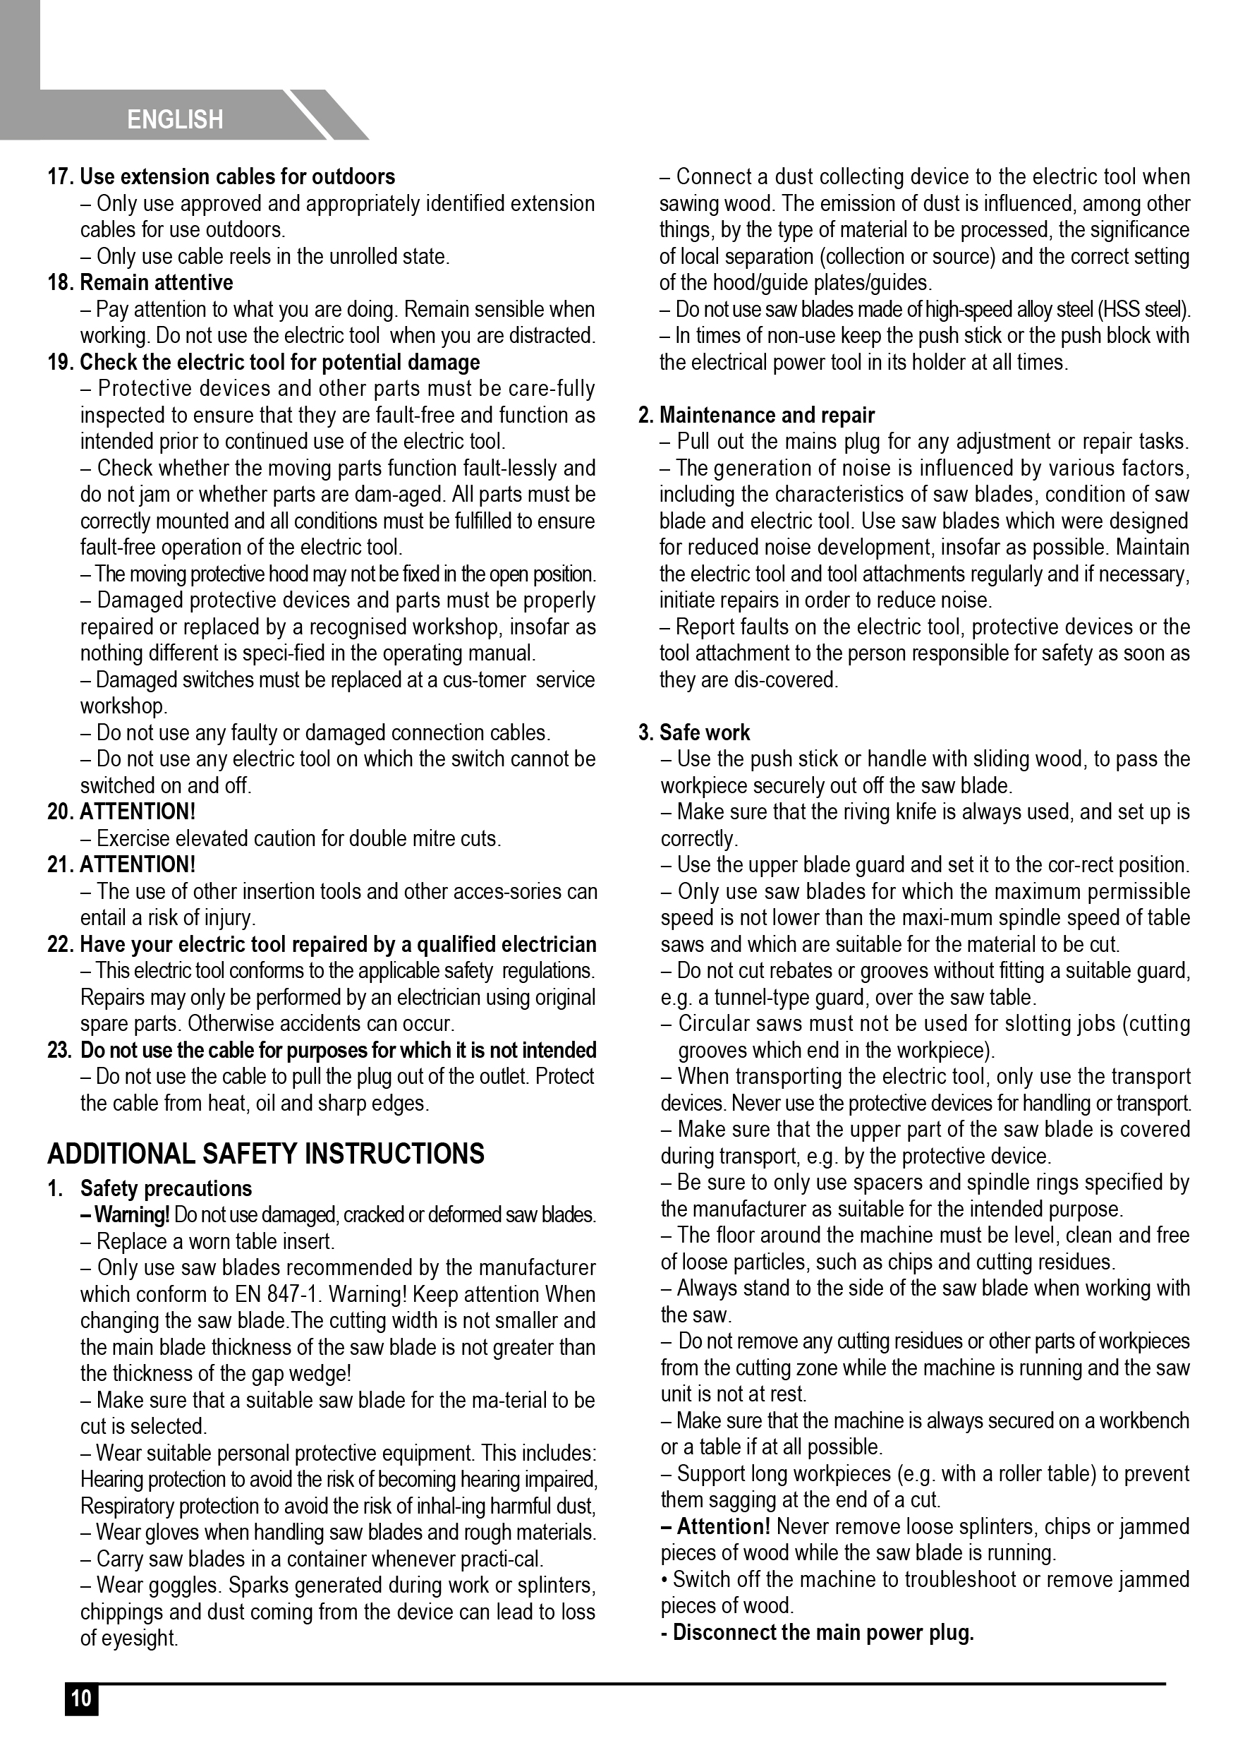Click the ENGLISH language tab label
pos(175,120)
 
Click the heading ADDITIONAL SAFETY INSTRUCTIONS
pos(266,1153)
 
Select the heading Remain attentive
pos(156,283)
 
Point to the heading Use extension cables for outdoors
pos(237,177)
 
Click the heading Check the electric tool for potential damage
pos(279,362)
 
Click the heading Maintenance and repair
pos(767,416)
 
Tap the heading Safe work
pos(704,732)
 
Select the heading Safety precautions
pos(166,1188)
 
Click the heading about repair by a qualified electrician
pos(338,944)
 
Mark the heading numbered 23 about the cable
pos(338,1050)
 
